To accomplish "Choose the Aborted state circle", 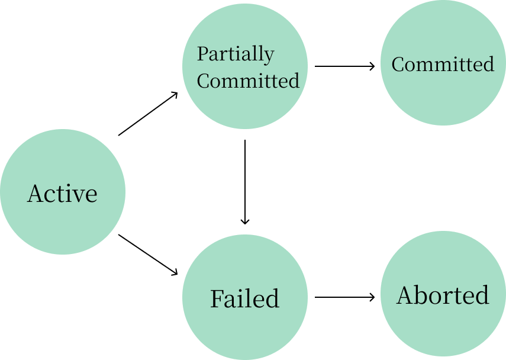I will [443, 326].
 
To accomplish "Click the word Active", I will [63, 194].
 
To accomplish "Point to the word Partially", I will [236, 54].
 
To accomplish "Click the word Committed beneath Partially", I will [249, 81].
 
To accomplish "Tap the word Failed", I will [244, 298].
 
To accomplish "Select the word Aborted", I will [443, 295].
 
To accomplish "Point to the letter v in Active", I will [79, 195].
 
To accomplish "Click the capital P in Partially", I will [202, 54].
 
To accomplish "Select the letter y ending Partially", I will [269, 56].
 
